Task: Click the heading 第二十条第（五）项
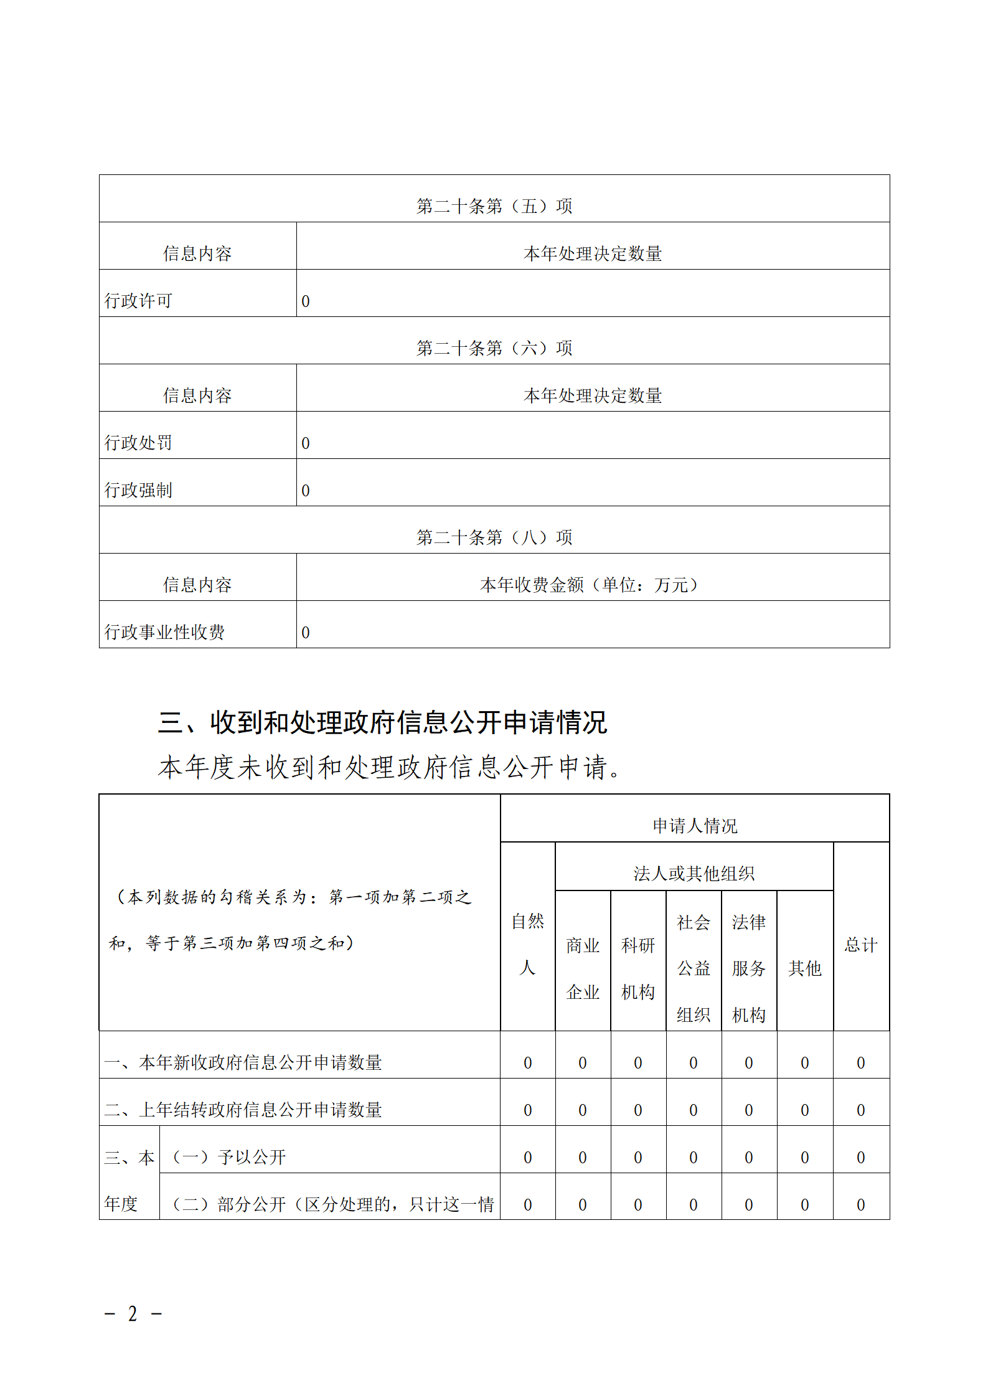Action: click(494, 206)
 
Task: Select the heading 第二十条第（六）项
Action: click(494, 348)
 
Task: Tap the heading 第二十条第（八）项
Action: click(494, 537)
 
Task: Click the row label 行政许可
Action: click(138, 301)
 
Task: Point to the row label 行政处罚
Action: click(138, 443)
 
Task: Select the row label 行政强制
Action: click(138, 491)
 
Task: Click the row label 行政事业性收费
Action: click(164, 633)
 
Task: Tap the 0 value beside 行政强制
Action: click(306, 491)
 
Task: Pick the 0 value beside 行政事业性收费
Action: click(306, 633)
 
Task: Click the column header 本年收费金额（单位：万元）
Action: click(591, 585)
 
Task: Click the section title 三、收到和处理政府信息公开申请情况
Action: click(382, 722)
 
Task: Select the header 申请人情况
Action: click(695, 826)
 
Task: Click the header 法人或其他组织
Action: click(694, 874)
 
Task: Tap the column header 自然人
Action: click(527, 944)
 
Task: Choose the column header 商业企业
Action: click(583, 968)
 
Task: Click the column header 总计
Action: click(861, 945)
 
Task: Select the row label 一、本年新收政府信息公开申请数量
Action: click(243, 1063)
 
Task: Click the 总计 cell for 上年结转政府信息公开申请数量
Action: click(861, 1110)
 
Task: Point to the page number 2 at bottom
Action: click(133, 1314)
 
